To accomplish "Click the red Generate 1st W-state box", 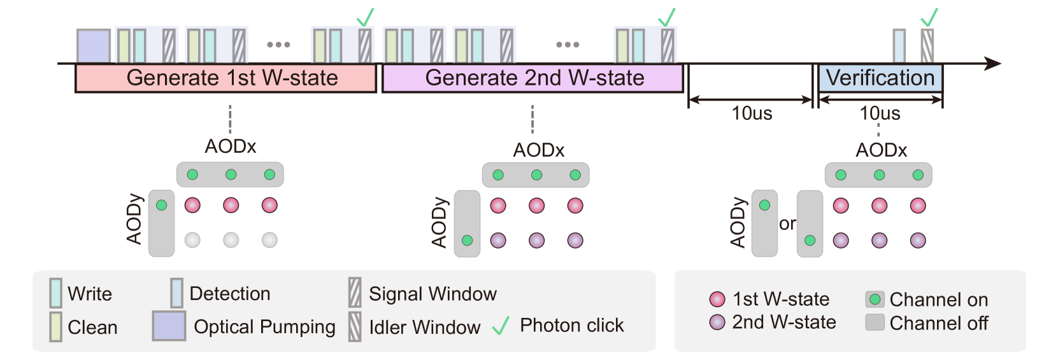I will point(226,78).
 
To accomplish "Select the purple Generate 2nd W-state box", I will point(533,78).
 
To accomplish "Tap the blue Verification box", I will point(880,78).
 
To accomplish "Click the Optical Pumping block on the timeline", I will point(94,46).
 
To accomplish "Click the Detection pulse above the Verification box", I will point(899,46).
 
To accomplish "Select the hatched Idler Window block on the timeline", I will point(927,46).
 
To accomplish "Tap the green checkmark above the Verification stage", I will point(930,17).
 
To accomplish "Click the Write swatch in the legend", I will point(56,293).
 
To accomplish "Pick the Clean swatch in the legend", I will point(56,327).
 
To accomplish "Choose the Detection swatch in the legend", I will point(176,293).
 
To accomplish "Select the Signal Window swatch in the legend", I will point(355,293).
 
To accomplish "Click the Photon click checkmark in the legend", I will point(501,326).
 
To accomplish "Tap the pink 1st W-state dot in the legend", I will point(717,299).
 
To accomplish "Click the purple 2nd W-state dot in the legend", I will point(717,322).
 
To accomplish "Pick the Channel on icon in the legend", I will point(875,299).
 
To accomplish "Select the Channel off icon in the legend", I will point(875,322).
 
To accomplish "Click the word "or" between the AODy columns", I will point(787,224).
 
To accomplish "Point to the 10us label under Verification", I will point(880,113).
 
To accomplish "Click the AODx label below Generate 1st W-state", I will point(230,147).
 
